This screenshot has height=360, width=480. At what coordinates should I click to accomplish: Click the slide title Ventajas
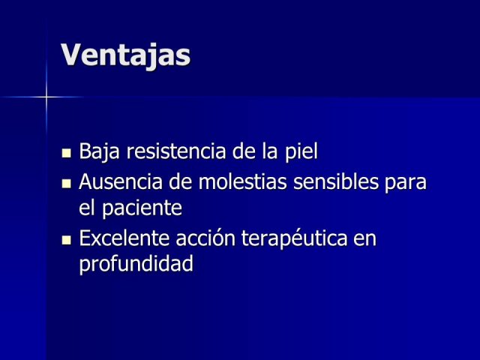pos(125,55)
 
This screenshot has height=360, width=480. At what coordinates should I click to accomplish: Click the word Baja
pos(99,151)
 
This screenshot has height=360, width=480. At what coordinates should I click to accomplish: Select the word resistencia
pos(176,151)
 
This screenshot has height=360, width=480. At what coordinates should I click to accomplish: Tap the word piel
pos(301,151)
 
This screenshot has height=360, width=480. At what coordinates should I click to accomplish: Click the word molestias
pos(242,181)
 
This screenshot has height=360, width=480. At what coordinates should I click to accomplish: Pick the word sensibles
pos(336,181)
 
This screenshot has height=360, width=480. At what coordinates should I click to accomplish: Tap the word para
pos(406,184)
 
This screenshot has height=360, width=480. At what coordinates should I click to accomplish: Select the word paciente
pos(142,208)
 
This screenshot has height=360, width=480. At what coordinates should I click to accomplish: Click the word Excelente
pos(124,238)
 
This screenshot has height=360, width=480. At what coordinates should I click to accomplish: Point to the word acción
pos(205,238)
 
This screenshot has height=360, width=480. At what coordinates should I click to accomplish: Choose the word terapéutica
pos(295,239)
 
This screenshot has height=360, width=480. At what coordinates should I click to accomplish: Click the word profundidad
pos(136,264)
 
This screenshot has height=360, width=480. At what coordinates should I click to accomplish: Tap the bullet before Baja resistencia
pos(66,153)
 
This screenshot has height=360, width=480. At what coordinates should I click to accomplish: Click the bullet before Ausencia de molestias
pos(66,183)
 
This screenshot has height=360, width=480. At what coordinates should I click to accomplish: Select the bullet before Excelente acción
pos(66,240)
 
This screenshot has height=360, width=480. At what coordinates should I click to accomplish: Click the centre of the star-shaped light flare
pos(46,97)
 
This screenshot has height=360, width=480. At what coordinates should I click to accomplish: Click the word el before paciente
pos(87,208)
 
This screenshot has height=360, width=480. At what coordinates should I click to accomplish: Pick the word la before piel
pos(270,151)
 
